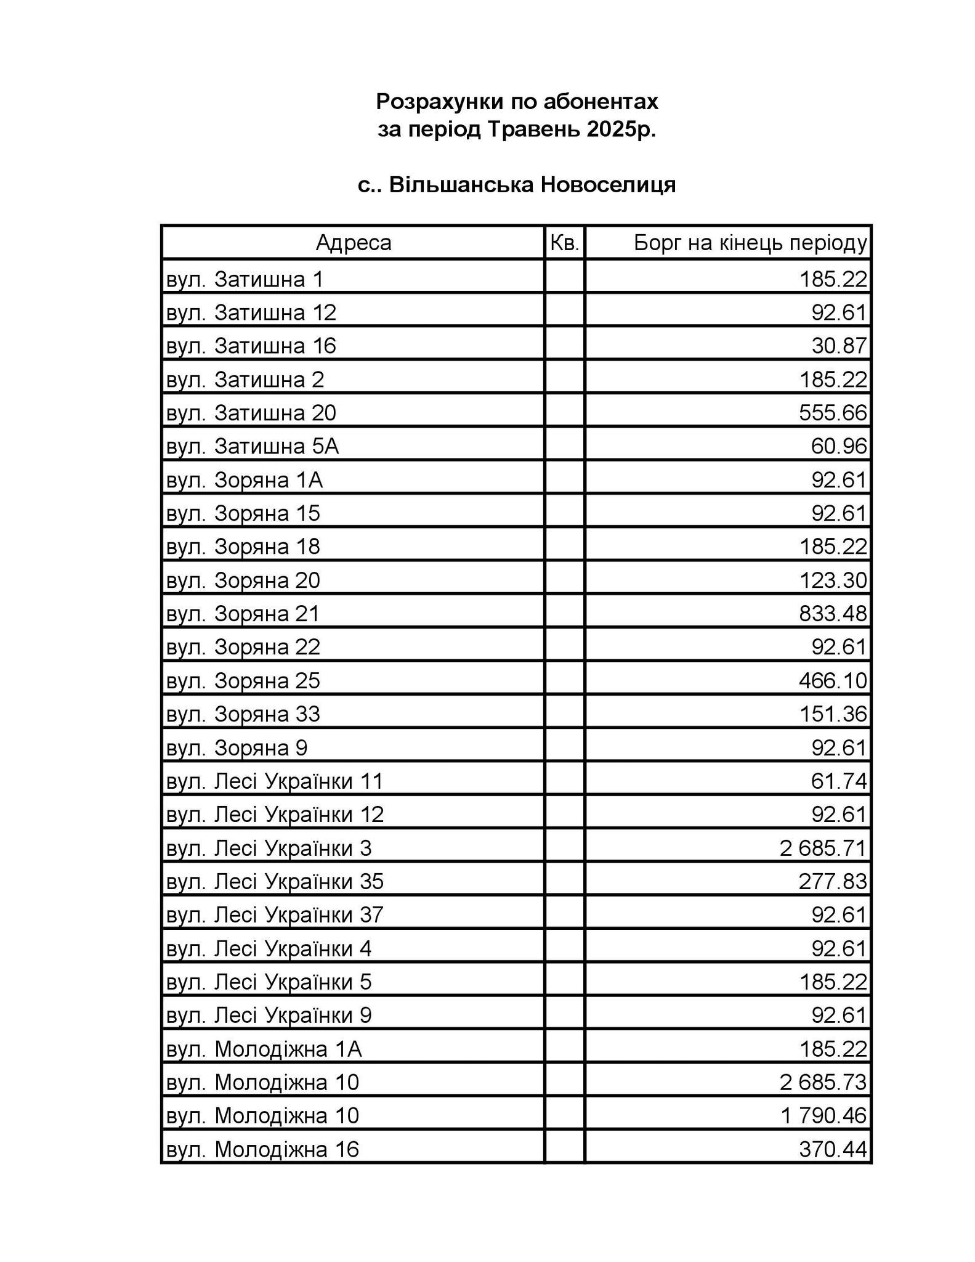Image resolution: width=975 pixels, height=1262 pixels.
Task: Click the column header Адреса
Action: (353, 243)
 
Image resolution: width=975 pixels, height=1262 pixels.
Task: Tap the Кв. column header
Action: (564, 243)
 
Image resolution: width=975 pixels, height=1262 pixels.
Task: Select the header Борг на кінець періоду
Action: (750, 243)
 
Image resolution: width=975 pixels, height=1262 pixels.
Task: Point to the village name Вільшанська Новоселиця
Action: (532, 185)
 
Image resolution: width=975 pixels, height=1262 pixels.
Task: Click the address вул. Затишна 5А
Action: (253, 446)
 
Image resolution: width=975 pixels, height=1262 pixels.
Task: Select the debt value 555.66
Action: (833, 412)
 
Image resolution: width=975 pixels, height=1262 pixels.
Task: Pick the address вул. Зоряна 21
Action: (243, 613)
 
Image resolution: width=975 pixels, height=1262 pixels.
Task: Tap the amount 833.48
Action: (833, 613)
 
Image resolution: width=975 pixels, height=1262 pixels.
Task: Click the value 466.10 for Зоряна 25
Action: (833, 680)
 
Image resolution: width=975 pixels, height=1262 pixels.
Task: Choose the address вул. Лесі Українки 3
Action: (269, 848)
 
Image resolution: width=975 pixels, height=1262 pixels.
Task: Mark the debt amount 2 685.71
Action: (823, 848)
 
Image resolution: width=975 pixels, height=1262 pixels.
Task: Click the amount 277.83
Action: (833, 881)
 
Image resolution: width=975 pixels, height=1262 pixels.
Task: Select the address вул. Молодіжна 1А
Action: (264, 1048)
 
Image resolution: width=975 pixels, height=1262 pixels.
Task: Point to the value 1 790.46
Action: (823, 1115)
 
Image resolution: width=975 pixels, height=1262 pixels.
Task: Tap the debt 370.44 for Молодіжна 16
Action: (833, 1149)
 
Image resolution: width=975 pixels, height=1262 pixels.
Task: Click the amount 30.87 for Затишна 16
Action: (839, 345)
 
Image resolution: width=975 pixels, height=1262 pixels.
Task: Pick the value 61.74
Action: (839, 781)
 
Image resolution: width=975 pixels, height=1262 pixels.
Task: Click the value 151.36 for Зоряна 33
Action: (833, 714)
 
